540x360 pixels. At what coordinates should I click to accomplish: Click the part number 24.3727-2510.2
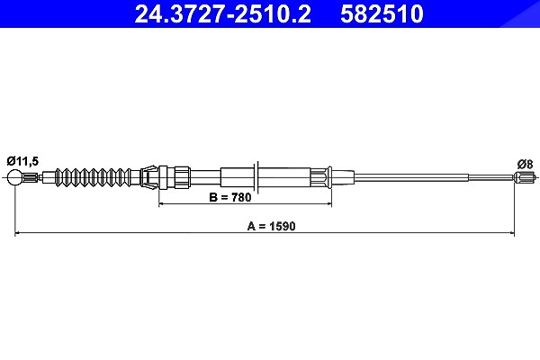coord(222,13)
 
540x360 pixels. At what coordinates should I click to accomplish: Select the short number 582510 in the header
coord(382,13)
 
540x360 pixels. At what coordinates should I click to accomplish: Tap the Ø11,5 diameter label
coord(22,161)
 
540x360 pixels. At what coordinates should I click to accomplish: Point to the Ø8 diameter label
coord(526,165)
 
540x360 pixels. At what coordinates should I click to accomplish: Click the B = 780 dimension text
coord(230,197)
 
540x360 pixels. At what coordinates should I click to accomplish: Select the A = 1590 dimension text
coord(272,226)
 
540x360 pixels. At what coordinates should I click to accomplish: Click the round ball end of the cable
coord(14,178)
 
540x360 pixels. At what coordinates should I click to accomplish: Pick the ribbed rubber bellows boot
coord(93,178)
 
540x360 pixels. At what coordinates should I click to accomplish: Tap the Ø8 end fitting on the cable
coord(524,178)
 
